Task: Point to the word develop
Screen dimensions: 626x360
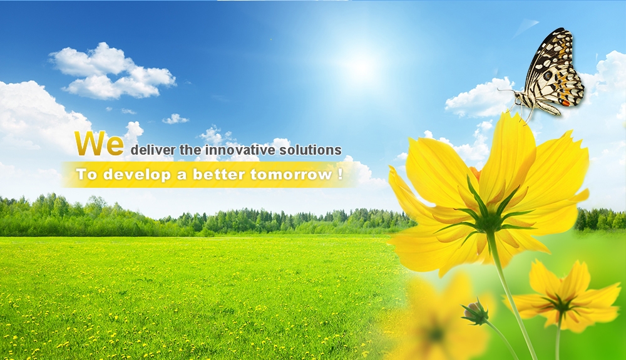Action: point(137,175)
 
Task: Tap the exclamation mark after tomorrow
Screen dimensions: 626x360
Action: point(340,174)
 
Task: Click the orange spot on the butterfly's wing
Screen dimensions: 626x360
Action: point(566,103)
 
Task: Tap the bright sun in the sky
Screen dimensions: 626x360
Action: point(361,66)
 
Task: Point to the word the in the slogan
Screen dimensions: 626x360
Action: point(190,150)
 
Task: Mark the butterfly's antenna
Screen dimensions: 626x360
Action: point(506,91)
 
